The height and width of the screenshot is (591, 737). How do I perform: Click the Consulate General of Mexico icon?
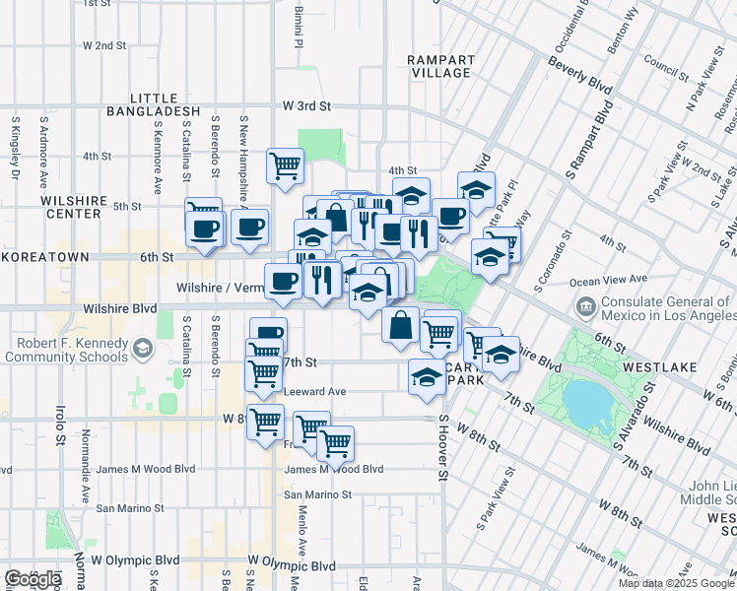(586, 307)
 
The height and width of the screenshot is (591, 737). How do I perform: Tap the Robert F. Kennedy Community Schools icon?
(144, 348)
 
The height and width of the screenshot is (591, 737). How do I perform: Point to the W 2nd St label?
(104, 45)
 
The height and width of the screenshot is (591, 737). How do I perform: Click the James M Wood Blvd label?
(333, 469)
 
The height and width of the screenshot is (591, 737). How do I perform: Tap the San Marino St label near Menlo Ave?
(318, 493)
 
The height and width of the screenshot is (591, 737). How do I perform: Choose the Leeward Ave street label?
(314, 391)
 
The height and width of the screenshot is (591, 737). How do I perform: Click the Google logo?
(33, 579)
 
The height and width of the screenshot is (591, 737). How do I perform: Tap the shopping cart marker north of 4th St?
(285, 166)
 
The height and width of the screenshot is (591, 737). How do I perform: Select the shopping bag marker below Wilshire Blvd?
(400, 325)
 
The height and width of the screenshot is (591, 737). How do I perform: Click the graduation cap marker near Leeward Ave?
(427, 377)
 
